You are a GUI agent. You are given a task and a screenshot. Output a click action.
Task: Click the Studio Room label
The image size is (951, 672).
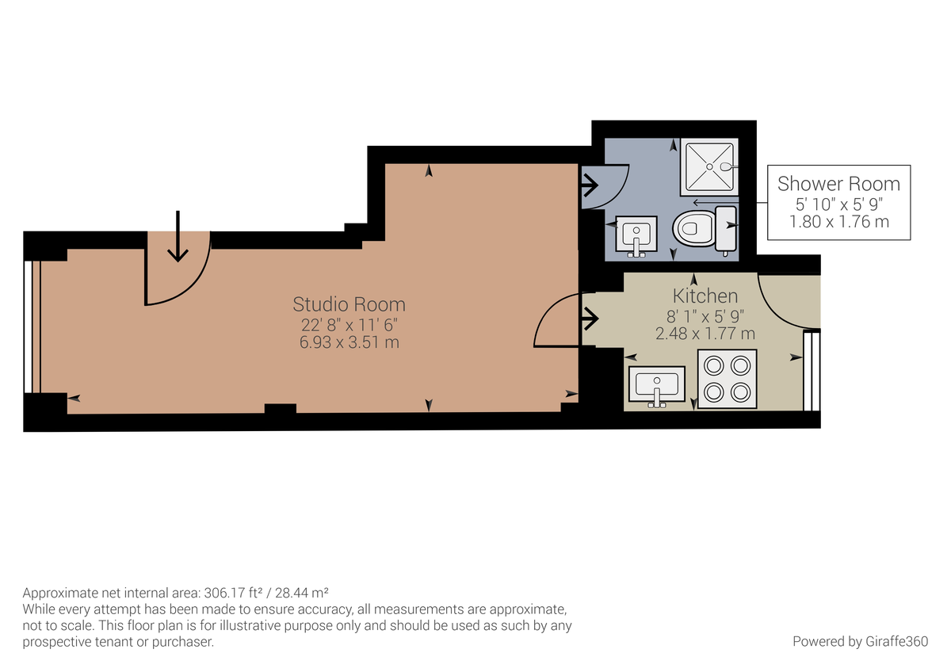pyautogui.click(x=349, y=304)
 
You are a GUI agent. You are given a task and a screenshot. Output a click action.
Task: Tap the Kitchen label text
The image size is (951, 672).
pyautogui.click(x=705, y=296)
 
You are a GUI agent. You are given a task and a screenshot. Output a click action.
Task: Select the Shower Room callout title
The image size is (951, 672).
pyautogui.click(x=838, y=184)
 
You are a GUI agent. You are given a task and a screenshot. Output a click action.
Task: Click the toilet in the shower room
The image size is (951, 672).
pyautogui.click(x=705, y=228)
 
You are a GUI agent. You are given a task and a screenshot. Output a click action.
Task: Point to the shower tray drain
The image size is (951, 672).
pyautogui.click(x=709, y=167)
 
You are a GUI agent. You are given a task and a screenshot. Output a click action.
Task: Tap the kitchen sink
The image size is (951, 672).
pyautogui.click(x=657, y=385)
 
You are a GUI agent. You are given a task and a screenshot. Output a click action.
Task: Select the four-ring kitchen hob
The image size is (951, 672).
pyautogui.click(x=728, y=379)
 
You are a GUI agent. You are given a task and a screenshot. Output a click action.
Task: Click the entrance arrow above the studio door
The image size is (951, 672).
pyautogui.click(x=178, y=236)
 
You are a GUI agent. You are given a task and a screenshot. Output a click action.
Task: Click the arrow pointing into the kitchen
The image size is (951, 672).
pyautogui.click(x=590, y=319)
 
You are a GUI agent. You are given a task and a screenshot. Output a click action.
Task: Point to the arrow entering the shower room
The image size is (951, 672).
pyautogui.click(x=590, y=185)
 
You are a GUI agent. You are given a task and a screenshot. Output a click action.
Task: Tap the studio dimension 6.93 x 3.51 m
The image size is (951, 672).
pyautogui.click(x=349, y=342)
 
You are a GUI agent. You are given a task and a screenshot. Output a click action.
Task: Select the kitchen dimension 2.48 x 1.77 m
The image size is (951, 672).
pyautogui.click(x=705, y=334)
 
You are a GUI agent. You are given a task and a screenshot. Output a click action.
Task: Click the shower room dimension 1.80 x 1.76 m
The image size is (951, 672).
pyautogui.click(x=839, y=222)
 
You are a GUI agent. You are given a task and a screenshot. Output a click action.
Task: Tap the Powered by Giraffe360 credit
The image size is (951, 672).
pyautogui.click(x=860, y=641)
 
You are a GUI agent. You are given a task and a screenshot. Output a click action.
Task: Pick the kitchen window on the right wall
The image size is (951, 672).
pyautogui.click(x=812, y=372)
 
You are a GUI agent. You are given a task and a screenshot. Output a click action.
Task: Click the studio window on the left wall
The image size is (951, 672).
pyautogui.click(x=32, y=326)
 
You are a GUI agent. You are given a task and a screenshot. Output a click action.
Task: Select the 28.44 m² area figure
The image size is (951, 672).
pyautogui.click(x=301, y=592)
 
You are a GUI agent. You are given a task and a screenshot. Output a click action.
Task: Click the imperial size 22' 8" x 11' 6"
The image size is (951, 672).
pyautogui.click(x=349, y=325)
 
